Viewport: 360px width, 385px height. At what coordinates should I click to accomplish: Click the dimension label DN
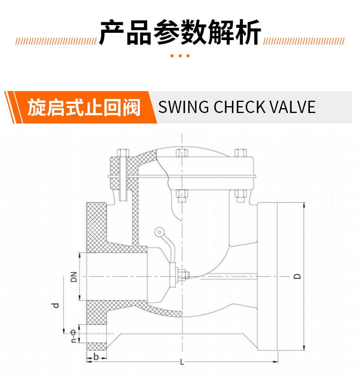[74, 277]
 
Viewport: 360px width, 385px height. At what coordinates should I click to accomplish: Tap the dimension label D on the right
[297, 276]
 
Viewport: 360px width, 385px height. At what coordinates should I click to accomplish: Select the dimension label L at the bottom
[182, 362]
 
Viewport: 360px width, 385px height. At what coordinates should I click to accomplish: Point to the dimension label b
[96, 357]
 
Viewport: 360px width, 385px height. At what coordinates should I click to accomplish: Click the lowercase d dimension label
[56, 305]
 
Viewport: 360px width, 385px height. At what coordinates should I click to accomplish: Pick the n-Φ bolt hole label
[73, 336]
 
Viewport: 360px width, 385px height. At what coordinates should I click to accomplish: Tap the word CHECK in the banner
[239, 107]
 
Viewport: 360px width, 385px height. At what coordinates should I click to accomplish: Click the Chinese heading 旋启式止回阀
[84, 108]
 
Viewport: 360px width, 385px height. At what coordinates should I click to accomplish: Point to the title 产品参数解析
[180, 32]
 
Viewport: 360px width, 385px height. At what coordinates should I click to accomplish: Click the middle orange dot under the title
[180, 56]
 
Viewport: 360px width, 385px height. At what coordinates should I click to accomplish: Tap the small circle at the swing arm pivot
[159, 232]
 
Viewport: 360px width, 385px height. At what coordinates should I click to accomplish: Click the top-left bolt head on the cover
[123, 153]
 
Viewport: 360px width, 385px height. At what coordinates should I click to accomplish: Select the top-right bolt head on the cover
[241, 153]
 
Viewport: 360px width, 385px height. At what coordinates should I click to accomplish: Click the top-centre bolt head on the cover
[182, 153]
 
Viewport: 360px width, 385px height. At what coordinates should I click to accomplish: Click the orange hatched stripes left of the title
[56, 41]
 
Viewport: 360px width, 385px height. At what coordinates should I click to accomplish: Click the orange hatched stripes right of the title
[304, 41]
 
